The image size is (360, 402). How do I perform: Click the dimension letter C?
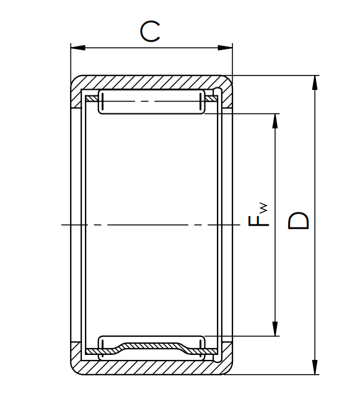(150, 32)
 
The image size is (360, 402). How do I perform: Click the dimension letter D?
(298, 221)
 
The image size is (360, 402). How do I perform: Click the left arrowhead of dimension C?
(78, 48)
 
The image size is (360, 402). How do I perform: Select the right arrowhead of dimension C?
(225, 48)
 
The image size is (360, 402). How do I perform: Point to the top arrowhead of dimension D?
(315, 83)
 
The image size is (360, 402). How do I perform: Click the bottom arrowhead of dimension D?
(315, 367)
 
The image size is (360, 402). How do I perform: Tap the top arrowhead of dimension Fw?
(275, 121)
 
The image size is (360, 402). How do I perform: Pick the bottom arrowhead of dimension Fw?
(275, 329)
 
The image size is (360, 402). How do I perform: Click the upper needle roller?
(152, 102)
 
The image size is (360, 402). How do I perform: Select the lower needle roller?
(152, 348)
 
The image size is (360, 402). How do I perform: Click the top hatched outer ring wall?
(151, 82)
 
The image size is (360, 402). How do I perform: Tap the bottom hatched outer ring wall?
(151, 368)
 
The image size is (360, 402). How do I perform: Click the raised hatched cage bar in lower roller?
(152, 346)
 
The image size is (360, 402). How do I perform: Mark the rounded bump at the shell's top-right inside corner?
(217, 91)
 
